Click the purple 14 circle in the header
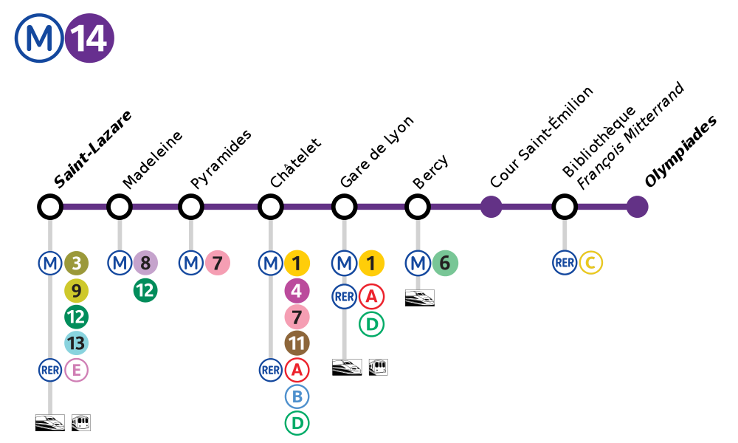(89, 38)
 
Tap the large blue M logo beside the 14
(39, 38)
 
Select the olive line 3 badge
(76, 263)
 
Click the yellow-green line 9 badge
(76, 291)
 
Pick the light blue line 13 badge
(76, 343)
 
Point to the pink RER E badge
(76, 370)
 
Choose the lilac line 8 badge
(145, 263)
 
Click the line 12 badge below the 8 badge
(145, 291)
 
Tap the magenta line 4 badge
(297, 291)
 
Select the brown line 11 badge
(297, 343)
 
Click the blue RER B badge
(297, 396)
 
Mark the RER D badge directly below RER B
(297, 423)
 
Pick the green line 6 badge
(445, 263)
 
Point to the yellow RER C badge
(590, 263)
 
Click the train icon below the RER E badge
(50, 422)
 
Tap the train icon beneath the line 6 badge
(419, 298)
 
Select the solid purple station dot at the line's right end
(637, 207)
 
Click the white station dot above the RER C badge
(565, 207)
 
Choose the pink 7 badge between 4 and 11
(297, 317)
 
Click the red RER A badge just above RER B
(297, 370)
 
